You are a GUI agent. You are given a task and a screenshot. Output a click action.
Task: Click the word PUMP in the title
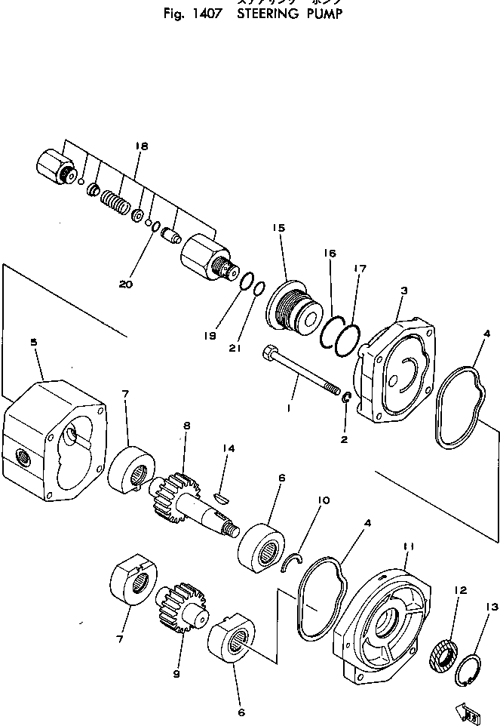pyautogui.click(x=311, y=14)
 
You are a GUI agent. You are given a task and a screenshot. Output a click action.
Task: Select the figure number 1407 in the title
pyautogui.click(x=201, y=14)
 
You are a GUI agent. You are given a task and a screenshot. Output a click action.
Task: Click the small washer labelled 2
pyautogui.click(x=347, y=399)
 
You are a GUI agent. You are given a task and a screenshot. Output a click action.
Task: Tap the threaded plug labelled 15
pyautogui.click(x=293, y=309)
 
